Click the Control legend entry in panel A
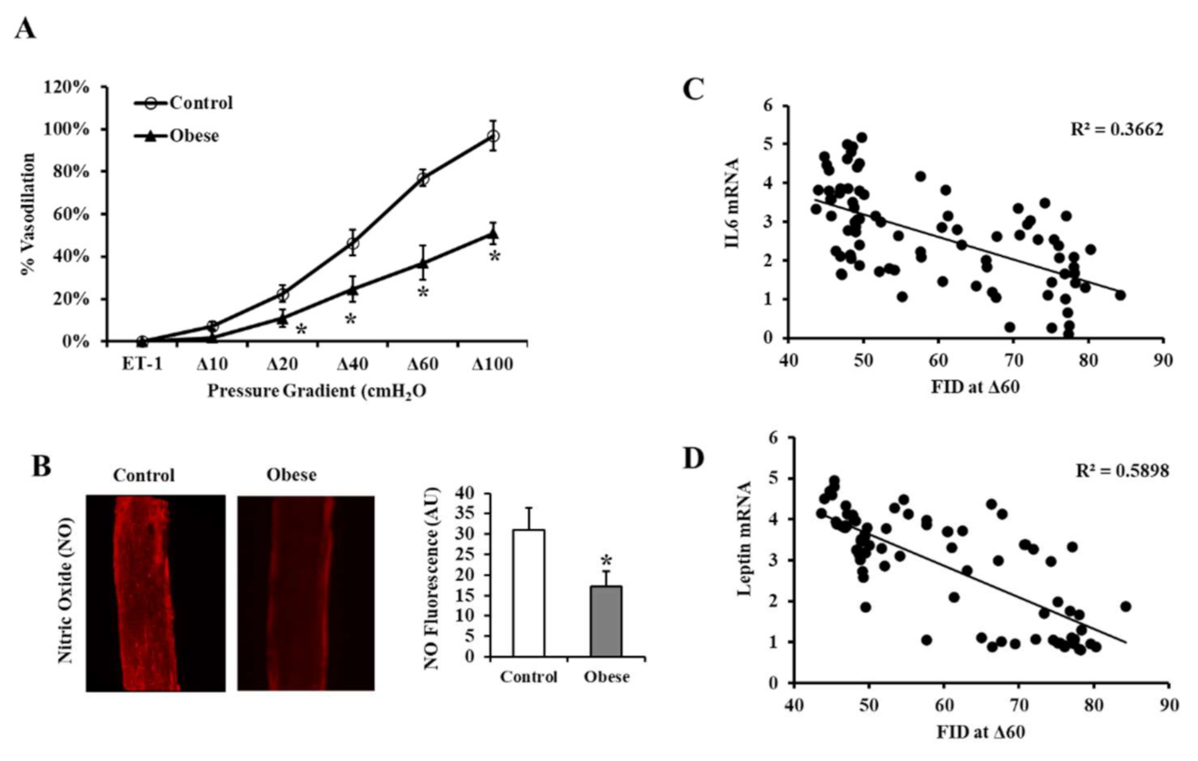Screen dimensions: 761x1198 [183, 103]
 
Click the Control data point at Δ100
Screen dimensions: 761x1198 [493, 136]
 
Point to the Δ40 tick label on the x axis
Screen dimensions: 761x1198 [352, 364]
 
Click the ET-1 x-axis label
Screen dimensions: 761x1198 [142, 364]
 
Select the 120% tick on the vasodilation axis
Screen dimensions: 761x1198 [66, 86]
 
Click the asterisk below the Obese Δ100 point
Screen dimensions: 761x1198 [495, 257]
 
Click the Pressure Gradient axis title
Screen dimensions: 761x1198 [317, 392]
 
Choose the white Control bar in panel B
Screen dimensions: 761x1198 [528, 593]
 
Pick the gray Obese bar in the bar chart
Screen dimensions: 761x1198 [606, 621]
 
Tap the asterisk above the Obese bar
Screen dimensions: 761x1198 [606, 561]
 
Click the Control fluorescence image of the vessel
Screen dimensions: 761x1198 [155, 593]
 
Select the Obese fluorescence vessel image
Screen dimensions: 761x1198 [305, 593]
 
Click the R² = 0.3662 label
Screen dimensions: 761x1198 [1117, 129]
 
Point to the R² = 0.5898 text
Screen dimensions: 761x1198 [1122, 470]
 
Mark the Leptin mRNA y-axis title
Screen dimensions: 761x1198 [744, 538]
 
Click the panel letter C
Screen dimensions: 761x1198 [693, 90]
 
